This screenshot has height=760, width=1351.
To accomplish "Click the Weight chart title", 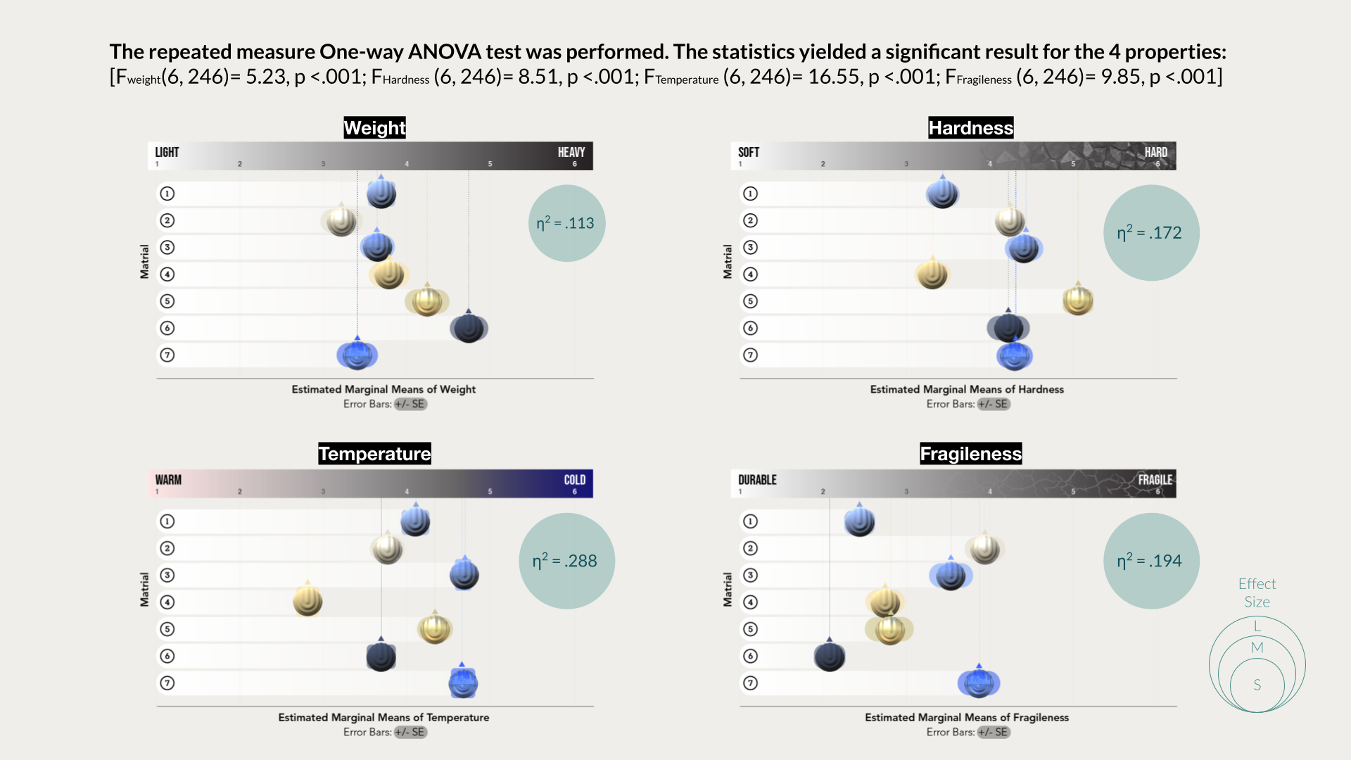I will click(374, 127).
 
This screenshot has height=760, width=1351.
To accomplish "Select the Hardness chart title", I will click(970, 127).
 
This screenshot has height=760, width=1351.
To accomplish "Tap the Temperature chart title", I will click(374, 454).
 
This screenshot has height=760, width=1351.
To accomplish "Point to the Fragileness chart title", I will click(970, 454).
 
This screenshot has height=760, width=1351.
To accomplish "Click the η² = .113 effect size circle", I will click(566, 223).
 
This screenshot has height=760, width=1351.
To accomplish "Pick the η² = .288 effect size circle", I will click(566, 561).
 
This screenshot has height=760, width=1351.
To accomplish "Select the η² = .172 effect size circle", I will click(1151, 233).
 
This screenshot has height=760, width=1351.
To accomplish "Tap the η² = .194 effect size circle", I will click(1151, 561).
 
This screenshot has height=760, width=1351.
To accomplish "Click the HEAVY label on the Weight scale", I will click(571, 152).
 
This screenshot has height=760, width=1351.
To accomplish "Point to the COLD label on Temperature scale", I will click(574, 480).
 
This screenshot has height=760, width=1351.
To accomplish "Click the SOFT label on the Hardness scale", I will click(749, 152).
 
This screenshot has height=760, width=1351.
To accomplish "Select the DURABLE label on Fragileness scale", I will click(757, 480).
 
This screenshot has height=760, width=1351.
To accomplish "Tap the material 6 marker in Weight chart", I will click(469, 328).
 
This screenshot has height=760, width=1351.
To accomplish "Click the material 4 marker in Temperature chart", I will click(307, 602).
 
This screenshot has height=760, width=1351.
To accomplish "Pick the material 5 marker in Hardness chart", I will click(1077, 300).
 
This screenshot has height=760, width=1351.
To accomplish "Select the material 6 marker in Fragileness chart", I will click(830, 657).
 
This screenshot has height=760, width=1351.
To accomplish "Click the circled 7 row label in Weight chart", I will click(167, 355).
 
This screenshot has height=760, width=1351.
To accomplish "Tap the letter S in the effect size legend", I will click(1257, 685).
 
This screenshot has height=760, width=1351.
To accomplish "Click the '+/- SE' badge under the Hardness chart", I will click(994, 404).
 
